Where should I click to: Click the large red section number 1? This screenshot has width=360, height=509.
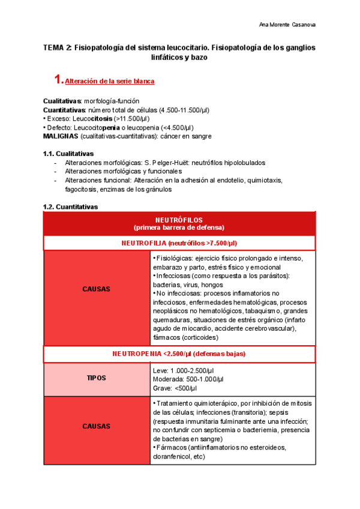pyautogui.click(x=58, y=79)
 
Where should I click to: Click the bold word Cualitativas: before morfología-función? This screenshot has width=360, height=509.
pyautogui.click(x=62, y=101)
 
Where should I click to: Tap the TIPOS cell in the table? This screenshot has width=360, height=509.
pyautogui.click(x=96, y=379)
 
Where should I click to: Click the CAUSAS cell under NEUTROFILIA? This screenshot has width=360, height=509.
pyautogui.click(x=96, y=289)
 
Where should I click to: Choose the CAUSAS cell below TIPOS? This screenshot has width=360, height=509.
pyautogui.click(x=96, y=426)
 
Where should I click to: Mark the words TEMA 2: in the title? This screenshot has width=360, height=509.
pyautogui.click(x=58, y=47)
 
